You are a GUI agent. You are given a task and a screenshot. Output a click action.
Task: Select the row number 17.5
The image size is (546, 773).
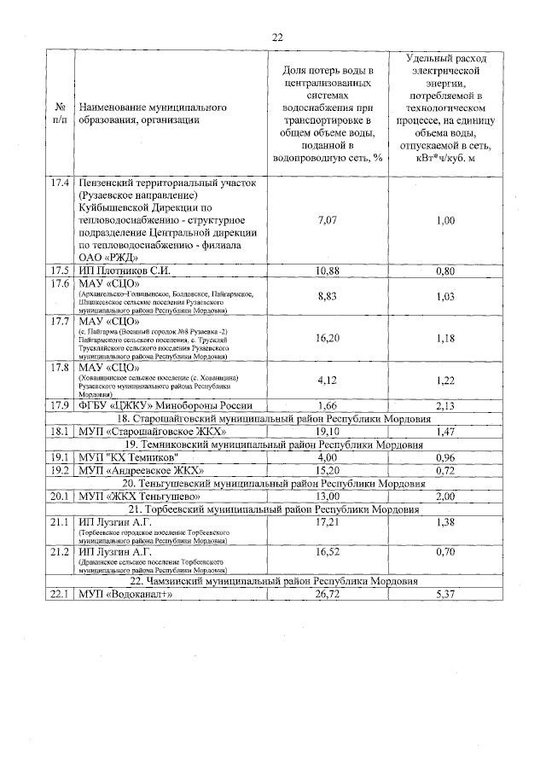tap(60, 271)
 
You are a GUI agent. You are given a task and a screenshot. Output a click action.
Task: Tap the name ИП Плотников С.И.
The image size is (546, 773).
tap(125, 271)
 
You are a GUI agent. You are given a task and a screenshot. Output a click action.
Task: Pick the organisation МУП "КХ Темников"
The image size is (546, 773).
tap(129, 457)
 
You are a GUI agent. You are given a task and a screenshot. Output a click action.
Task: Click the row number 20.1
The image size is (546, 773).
tap(60, 497)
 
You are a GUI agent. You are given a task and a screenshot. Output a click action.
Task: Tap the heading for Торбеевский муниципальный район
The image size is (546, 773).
tap(273, 509)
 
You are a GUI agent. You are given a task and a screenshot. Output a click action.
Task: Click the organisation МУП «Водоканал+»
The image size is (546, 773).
tap(132, 595)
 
